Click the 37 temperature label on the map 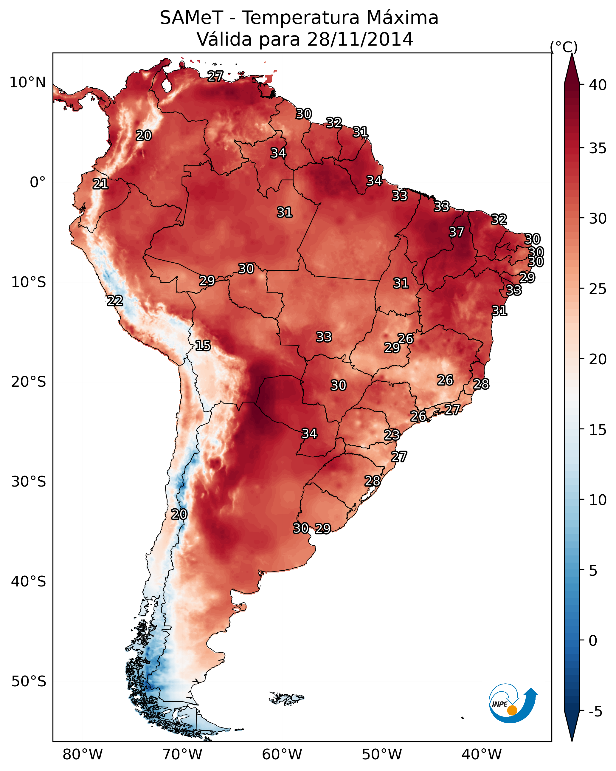click(457, 232)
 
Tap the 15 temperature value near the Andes click(203, 346)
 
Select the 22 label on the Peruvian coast click(115, 301)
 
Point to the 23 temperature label click(392, 435)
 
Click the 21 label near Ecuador click(100, 184)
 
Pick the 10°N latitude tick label click(27, 83)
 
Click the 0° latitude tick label click(38, 182)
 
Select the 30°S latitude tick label click(29, 482)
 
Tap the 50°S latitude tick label click(29, 682)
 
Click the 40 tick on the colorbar click(598, 85)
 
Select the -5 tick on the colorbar click(596, 712)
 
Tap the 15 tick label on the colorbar click(598, 430)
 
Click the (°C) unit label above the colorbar click(564, 47)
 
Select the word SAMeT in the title click(192, 18)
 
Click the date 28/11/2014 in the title click(360, 39)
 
